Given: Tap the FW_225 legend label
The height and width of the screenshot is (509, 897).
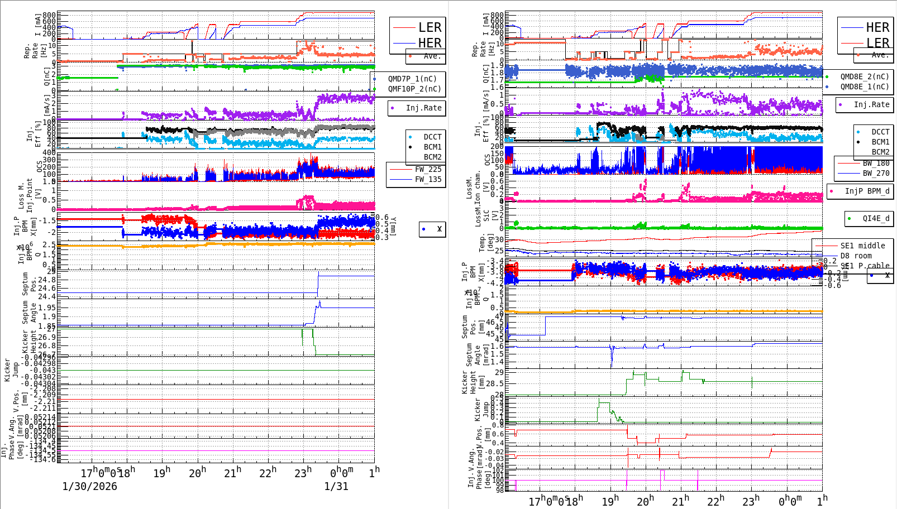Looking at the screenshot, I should point(428,169).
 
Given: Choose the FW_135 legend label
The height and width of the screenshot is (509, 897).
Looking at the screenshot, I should point(428,179).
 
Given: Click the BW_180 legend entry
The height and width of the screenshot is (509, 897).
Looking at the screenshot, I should point(876,163).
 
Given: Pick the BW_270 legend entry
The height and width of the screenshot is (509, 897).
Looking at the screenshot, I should point(876,173).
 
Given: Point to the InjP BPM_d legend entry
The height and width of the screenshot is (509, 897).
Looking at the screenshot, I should point(867,191).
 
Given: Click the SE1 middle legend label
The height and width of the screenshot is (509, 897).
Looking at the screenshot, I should point(862,246).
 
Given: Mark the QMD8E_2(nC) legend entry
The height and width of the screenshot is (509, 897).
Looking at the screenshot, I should point(865,76).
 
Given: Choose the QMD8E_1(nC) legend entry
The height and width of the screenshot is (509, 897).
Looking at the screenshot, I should point(865,87).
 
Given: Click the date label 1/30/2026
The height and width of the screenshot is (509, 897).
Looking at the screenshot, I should point(89,486).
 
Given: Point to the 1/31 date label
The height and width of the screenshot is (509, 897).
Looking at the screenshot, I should point(336,486).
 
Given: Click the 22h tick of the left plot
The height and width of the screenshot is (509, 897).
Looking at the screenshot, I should point(268,473).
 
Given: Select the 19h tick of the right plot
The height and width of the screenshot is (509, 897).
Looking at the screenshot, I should point(610,501).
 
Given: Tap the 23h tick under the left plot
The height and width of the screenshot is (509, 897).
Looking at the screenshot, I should point(303,473).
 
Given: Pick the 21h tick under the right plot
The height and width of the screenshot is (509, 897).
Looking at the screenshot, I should point(680,501).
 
